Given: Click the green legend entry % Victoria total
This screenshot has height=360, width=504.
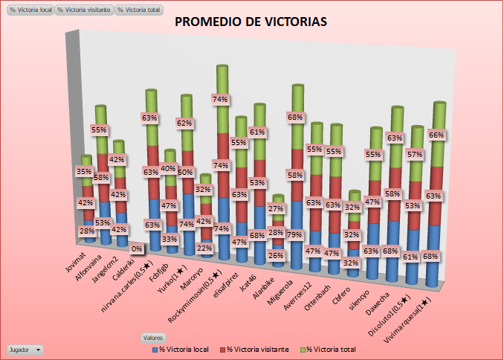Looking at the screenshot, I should pyautogui.click(x=328, y=348).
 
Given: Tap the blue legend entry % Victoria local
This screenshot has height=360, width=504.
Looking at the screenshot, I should pyautogui.click(x=183, y=348).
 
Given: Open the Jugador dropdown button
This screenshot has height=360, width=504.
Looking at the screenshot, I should pyautogui.click(x=24, y=349).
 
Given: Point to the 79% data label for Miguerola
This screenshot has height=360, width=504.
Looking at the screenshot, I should pyautogui.click(x=294, y=236).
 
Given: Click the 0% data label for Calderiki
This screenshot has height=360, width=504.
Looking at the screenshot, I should pyautogui.click(x=138, y=249).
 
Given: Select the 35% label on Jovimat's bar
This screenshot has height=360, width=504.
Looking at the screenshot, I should pyautogui.click(x=85, y=172).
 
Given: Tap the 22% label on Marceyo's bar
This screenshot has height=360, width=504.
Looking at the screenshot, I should pyautogui.click(x=205, y=248).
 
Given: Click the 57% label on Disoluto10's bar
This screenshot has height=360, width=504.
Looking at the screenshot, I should pyautogui.click(x=415, y=155).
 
